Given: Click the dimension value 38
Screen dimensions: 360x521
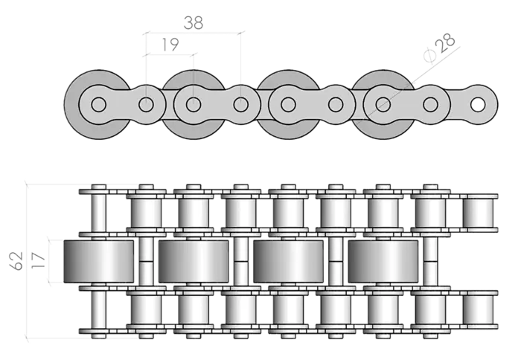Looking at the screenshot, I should point(194,23).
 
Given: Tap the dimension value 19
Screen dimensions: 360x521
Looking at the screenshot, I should point(170,45).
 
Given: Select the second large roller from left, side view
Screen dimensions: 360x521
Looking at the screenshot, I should point(192,104).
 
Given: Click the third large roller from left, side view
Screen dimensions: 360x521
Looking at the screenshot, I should point(287,104).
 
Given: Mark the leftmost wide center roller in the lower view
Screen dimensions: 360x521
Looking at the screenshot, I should point(99,261).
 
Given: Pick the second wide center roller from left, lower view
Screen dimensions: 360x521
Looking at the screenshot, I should point(194,261).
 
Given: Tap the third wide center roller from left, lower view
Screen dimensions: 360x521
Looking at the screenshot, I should point(289,261).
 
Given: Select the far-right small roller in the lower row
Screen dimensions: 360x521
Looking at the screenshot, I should point(479,309).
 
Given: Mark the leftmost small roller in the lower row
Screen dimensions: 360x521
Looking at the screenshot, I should point(146,309).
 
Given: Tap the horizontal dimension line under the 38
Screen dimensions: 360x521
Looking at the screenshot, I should point(194,33).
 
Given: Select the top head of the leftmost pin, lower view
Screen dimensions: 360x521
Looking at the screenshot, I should point(98,186).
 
